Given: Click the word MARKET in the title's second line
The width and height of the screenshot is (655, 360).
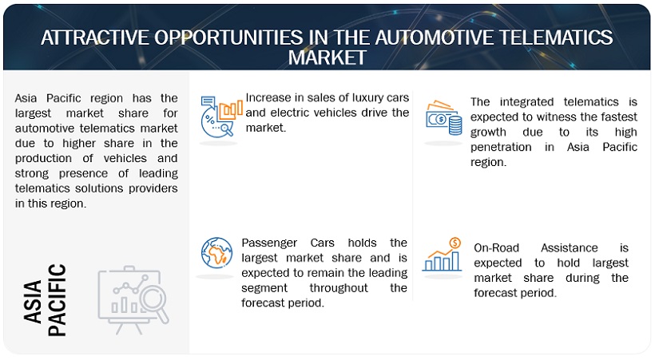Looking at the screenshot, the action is (x=327, y=57).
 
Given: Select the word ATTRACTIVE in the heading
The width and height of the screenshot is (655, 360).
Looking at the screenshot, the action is (x=95, y=38).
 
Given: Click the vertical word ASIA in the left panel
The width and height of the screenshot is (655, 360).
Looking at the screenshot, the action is (x=33, y=301).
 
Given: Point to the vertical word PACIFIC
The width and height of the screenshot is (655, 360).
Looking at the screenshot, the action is (x=57, y=300).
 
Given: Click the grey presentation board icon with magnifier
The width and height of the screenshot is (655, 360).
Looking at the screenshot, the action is (x=133, y=299).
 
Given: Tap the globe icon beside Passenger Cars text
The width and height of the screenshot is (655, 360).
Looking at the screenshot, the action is (x=216, y=253).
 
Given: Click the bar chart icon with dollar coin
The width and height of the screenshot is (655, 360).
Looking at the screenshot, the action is (x=442, y=255).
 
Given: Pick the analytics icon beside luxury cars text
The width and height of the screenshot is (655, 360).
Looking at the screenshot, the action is (x=221, y=117).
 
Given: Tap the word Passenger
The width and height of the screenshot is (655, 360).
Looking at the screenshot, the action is (x=269, y=243).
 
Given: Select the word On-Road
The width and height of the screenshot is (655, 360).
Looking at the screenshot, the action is (x=496, y=247).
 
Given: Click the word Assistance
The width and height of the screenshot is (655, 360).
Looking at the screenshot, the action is (x=570, y=247).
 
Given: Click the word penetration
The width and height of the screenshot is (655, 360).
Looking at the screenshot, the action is (x=501, y=147).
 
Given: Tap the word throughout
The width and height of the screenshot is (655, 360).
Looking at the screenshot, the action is (x=339, y=287).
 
